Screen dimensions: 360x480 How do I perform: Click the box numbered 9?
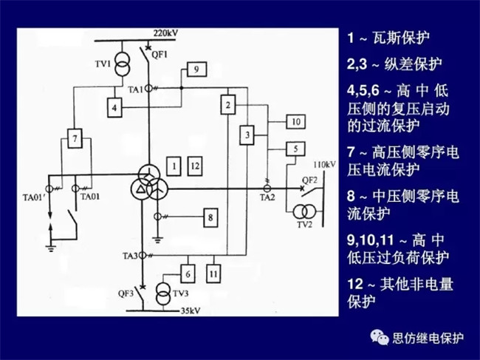(x=196, y=69)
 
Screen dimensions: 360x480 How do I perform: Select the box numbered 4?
(x=114, y=108)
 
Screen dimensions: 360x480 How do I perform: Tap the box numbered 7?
(x=73, y=137)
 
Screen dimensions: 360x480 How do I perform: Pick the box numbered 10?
(x=294, y=121)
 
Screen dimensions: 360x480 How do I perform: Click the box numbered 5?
(x=294, y=149)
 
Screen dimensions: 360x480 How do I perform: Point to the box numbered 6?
(x=188, y=274)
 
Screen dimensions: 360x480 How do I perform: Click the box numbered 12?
(x=195, y=166)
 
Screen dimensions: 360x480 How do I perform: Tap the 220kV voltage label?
(x=165, y=34)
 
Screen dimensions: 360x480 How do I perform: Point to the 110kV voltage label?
(x=325, y=163)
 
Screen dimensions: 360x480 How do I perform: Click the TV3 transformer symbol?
(x=165, y=293)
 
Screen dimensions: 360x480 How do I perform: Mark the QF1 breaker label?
(x=160, y=54)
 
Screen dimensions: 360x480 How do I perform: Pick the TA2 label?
(x=267, y=198)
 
